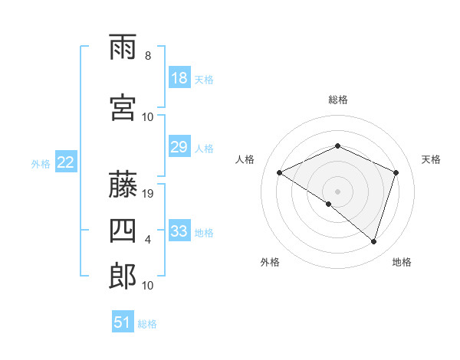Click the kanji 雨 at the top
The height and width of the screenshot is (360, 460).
pyautogui.click(x=123, y=47)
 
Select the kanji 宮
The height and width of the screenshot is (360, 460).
pyautogui.click(x=123, y=108)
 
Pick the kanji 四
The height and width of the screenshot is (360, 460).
pyautogui.click(x=123, y=231)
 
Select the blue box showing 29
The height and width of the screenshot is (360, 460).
pyautogui.click(x=179, y=147)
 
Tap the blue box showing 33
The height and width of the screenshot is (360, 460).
pyautogui.click(x=179, y=231)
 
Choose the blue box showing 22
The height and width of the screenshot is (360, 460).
pyautogui.click(x=66, y=162)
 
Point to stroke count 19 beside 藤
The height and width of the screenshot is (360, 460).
pyautogui.click(x=149, y=194)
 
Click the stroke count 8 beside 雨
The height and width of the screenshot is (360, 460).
pyautogui.click(x=148, y=56)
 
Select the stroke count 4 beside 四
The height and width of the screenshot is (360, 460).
pyautogui.click(x=148, y=240)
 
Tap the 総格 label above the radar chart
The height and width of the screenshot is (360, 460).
pyautogui.click(x=338, y=100)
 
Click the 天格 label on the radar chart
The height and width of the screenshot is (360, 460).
pyautogui.click(x=431, y=159)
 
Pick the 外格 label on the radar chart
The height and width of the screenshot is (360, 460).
pyautogui.click(x=270, y=262)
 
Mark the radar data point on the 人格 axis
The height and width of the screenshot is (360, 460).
pyautogui.click(x=280, y=173)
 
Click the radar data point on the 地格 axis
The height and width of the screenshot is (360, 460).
pyautogui.click(x=373, y=242)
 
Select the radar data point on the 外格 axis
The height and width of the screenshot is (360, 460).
pyautogui.click(x=329, y=205)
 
